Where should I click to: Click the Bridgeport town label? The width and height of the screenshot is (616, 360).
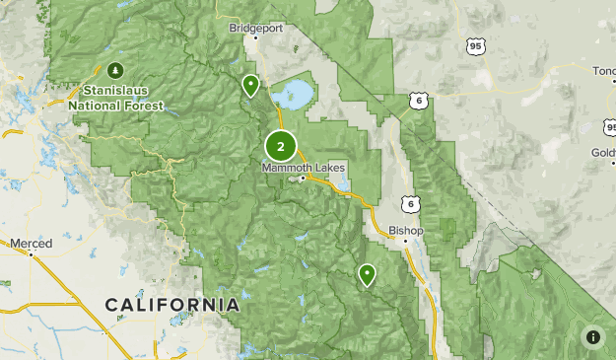coord(255,28)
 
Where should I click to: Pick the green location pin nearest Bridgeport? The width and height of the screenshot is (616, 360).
coord(251,86)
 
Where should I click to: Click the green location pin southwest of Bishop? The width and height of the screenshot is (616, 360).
coord(367,274)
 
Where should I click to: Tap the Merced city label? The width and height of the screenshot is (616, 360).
coord(31,243)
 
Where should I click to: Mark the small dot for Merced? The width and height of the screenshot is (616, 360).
coord(31,253)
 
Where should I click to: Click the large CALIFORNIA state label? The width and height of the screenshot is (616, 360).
coord(171,305)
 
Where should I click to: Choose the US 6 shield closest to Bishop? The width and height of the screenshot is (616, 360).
coord(410,204)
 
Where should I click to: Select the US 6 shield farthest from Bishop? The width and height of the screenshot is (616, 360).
coord(421,101)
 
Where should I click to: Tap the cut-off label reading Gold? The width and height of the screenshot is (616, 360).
coord(603,153)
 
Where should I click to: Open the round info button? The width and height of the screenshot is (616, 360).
coord(592,337)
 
